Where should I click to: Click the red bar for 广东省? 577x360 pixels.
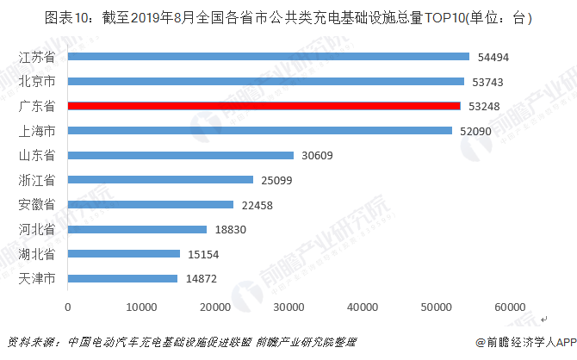(264, 106)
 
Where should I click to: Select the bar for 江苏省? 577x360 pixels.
(268, 57)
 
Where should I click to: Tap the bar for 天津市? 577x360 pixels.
(122, 279)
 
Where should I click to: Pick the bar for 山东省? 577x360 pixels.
(180, 156)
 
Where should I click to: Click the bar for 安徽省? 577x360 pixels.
(150, 205)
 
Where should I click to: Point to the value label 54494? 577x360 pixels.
(493, 57)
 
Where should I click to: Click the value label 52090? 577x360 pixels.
(476, 131)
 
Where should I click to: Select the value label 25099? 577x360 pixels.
(277, 180)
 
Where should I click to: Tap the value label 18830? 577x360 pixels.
(231, 230)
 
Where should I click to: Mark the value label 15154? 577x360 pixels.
(204, 255)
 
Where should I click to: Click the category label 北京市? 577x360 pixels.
(37, 82)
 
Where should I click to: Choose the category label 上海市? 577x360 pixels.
(37, 131)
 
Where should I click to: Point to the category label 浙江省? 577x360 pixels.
(37, 180)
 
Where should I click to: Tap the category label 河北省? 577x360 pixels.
(37, 230)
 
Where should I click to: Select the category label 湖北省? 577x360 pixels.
(37, 255)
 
